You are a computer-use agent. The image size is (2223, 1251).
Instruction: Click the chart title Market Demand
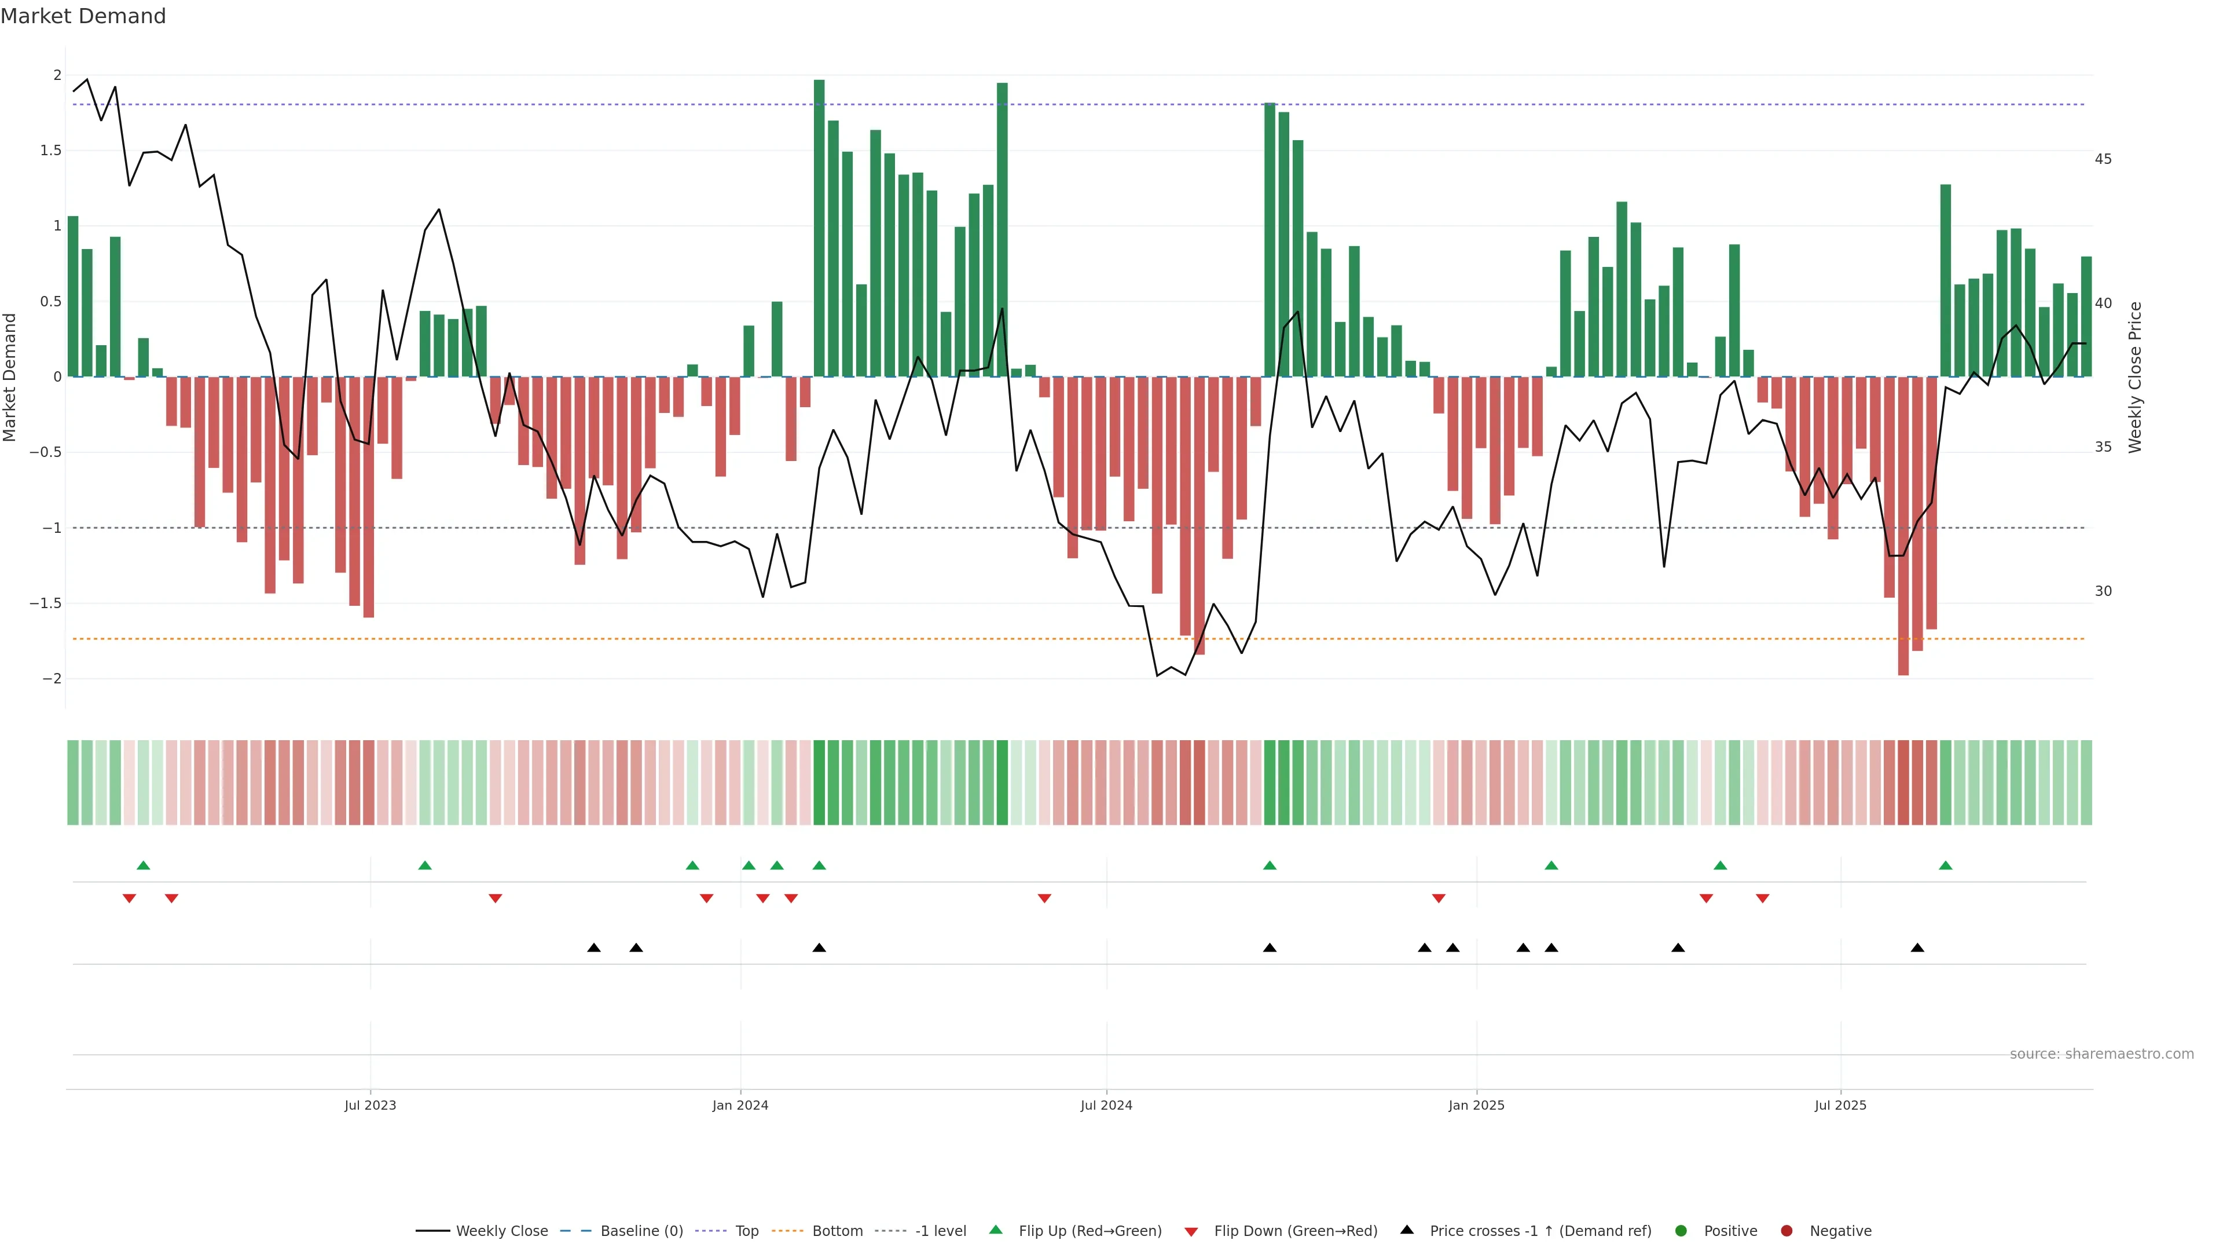tap(83, 16)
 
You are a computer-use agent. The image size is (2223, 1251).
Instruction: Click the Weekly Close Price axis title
tap(2135, 377)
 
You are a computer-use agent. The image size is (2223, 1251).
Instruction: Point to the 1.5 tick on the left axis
tap(51, 150)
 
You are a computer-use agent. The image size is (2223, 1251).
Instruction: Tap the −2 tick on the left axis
tap(51, 679)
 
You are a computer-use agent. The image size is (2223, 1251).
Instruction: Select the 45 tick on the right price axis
tap(2103, 159)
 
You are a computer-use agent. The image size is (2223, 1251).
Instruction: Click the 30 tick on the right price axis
tap(2103, 591)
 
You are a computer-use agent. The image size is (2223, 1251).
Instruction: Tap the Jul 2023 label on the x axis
tap(370, 1105)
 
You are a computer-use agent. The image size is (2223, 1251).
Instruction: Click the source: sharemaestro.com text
tap(2101, 1054)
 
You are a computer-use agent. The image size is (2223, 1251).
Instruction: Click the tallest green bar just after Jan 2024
tap(819, 228)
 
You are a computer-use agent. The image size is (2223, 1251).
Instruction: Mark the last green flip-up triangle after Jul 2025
tap(1945, 865)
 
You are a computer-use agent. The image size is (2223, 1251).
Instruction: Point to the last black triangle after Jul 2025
tap(1917, 948)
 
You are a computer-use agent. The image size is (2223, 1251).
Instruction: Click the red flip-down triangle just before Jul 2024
tap(1044, 899)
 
